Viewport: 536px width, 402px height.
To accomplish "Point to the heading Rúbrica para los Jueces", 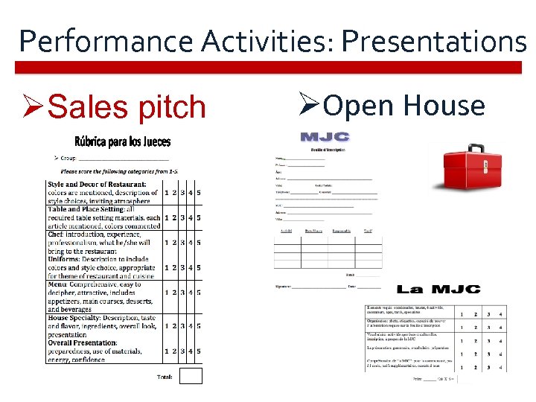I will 122,141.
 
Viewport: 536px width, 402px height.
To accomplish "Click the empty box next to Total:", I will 191,376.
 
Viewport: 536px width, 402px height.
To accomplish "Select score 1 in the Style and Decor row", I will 166,192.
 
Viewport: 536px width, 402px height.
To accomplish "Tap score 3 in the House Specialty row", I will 182,326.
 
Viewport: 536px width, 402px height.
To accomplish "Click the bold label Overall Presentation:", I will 84,343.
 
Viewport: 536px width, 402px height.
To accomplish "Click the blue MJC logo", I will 325,137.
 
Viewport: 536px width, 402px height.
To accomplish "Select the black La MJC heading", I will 438,290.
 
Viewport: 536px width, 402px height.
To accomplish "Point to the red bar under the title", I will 268,68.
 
